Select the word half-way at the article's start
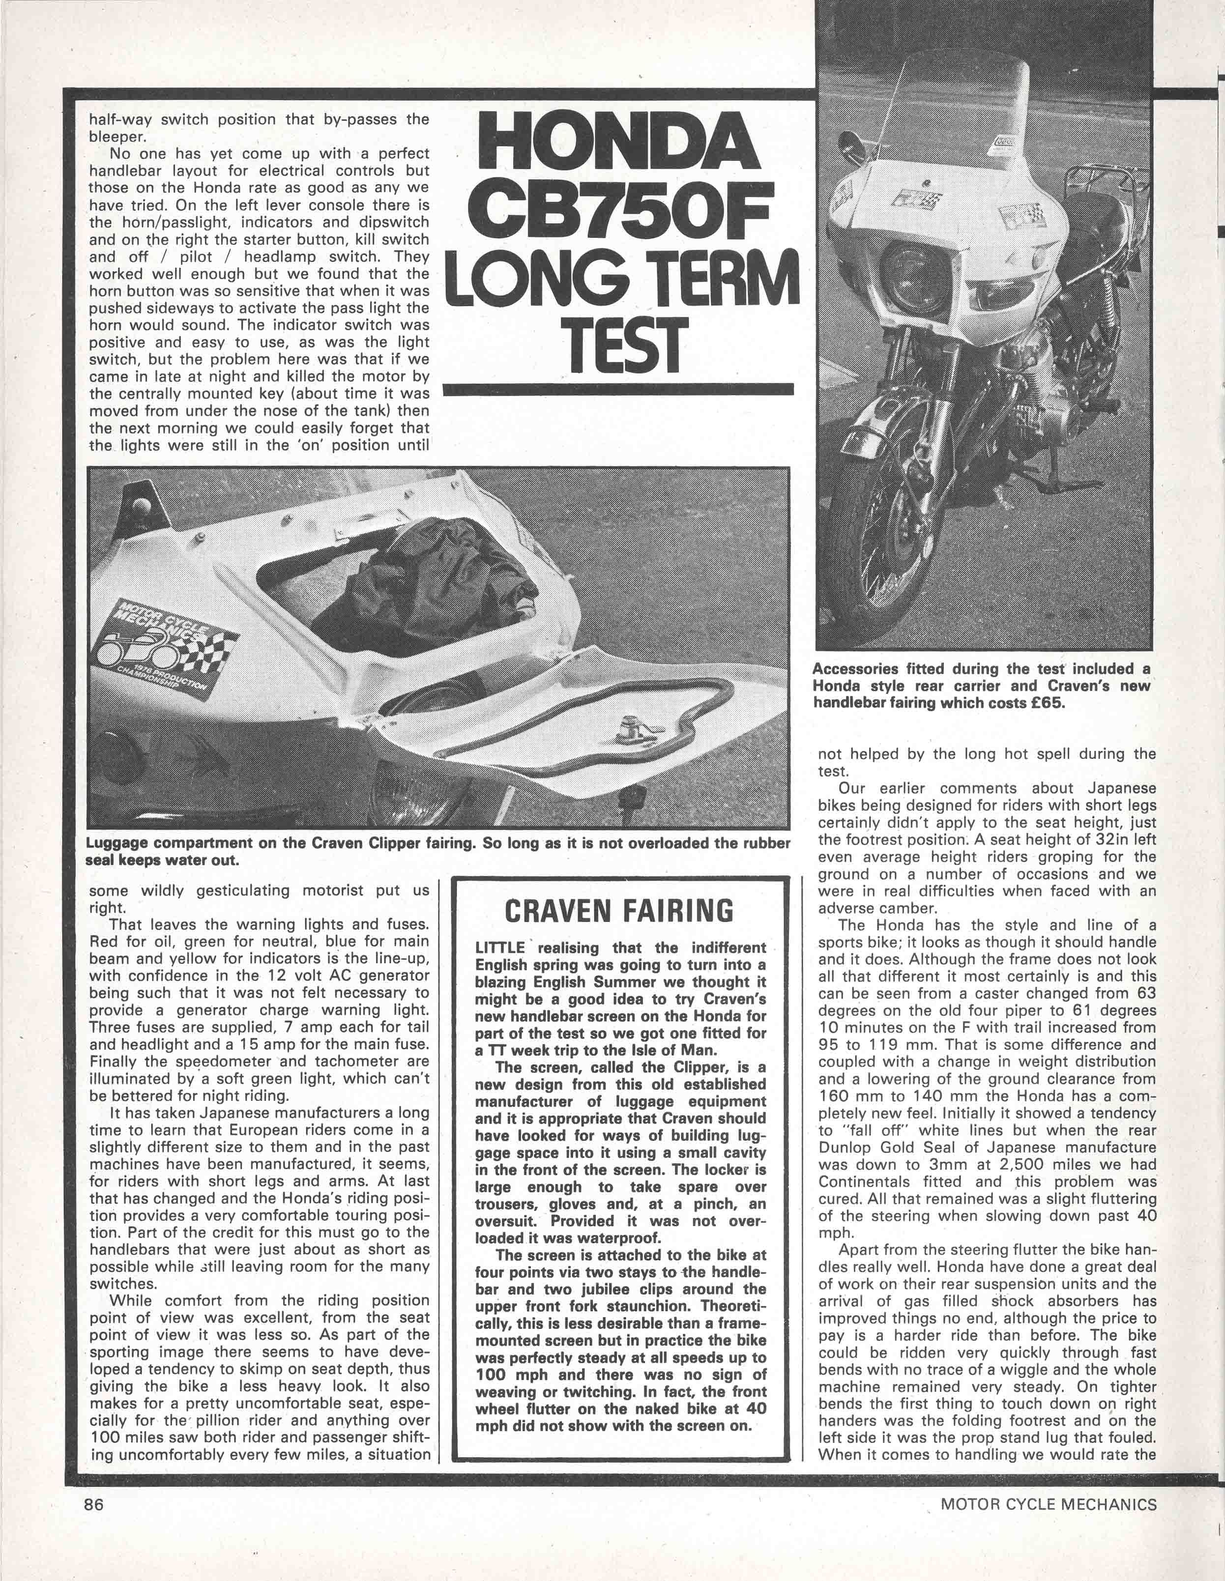pyautogui.click(x=119, y=119)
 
